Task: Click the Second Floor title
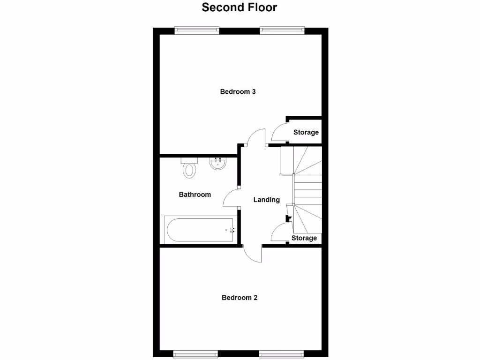pyautogui.click(x=240, y=7)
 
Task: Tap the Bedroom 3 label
pyautogui.click(x=238, y=92)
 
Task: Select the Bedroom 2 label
pyautogui.click(x=240, y=298)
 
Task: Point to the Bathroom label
pyautogui.click(x=195, y=195)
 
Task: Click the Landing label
pyautogui.click(x=267, y=200)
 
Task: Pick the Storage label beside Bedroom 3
pyautogui.click(x=306, y=133)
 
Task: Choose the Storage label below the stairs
pyautogui.click(x=304, y=238)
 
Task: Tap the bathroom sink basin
pyautogui.click(x=217, y=164)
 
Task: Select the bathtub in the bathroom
pyautogui.click(x=199, y=230)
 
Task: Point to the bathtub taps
pyautogui.click(x=231, y=230)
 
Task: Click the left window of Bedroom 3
pyautogui.click(x=197, y=31)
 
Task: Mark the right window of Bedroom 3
pyautogui.click(x=282, y=31)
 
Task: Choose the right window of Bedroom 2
pyautogui.click(x=281, y=353)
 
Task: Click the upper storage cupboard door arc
pyautogui.click(x=278, y=131)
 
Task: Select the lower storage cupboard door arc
pyautogui.click(x=279, y=232)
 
